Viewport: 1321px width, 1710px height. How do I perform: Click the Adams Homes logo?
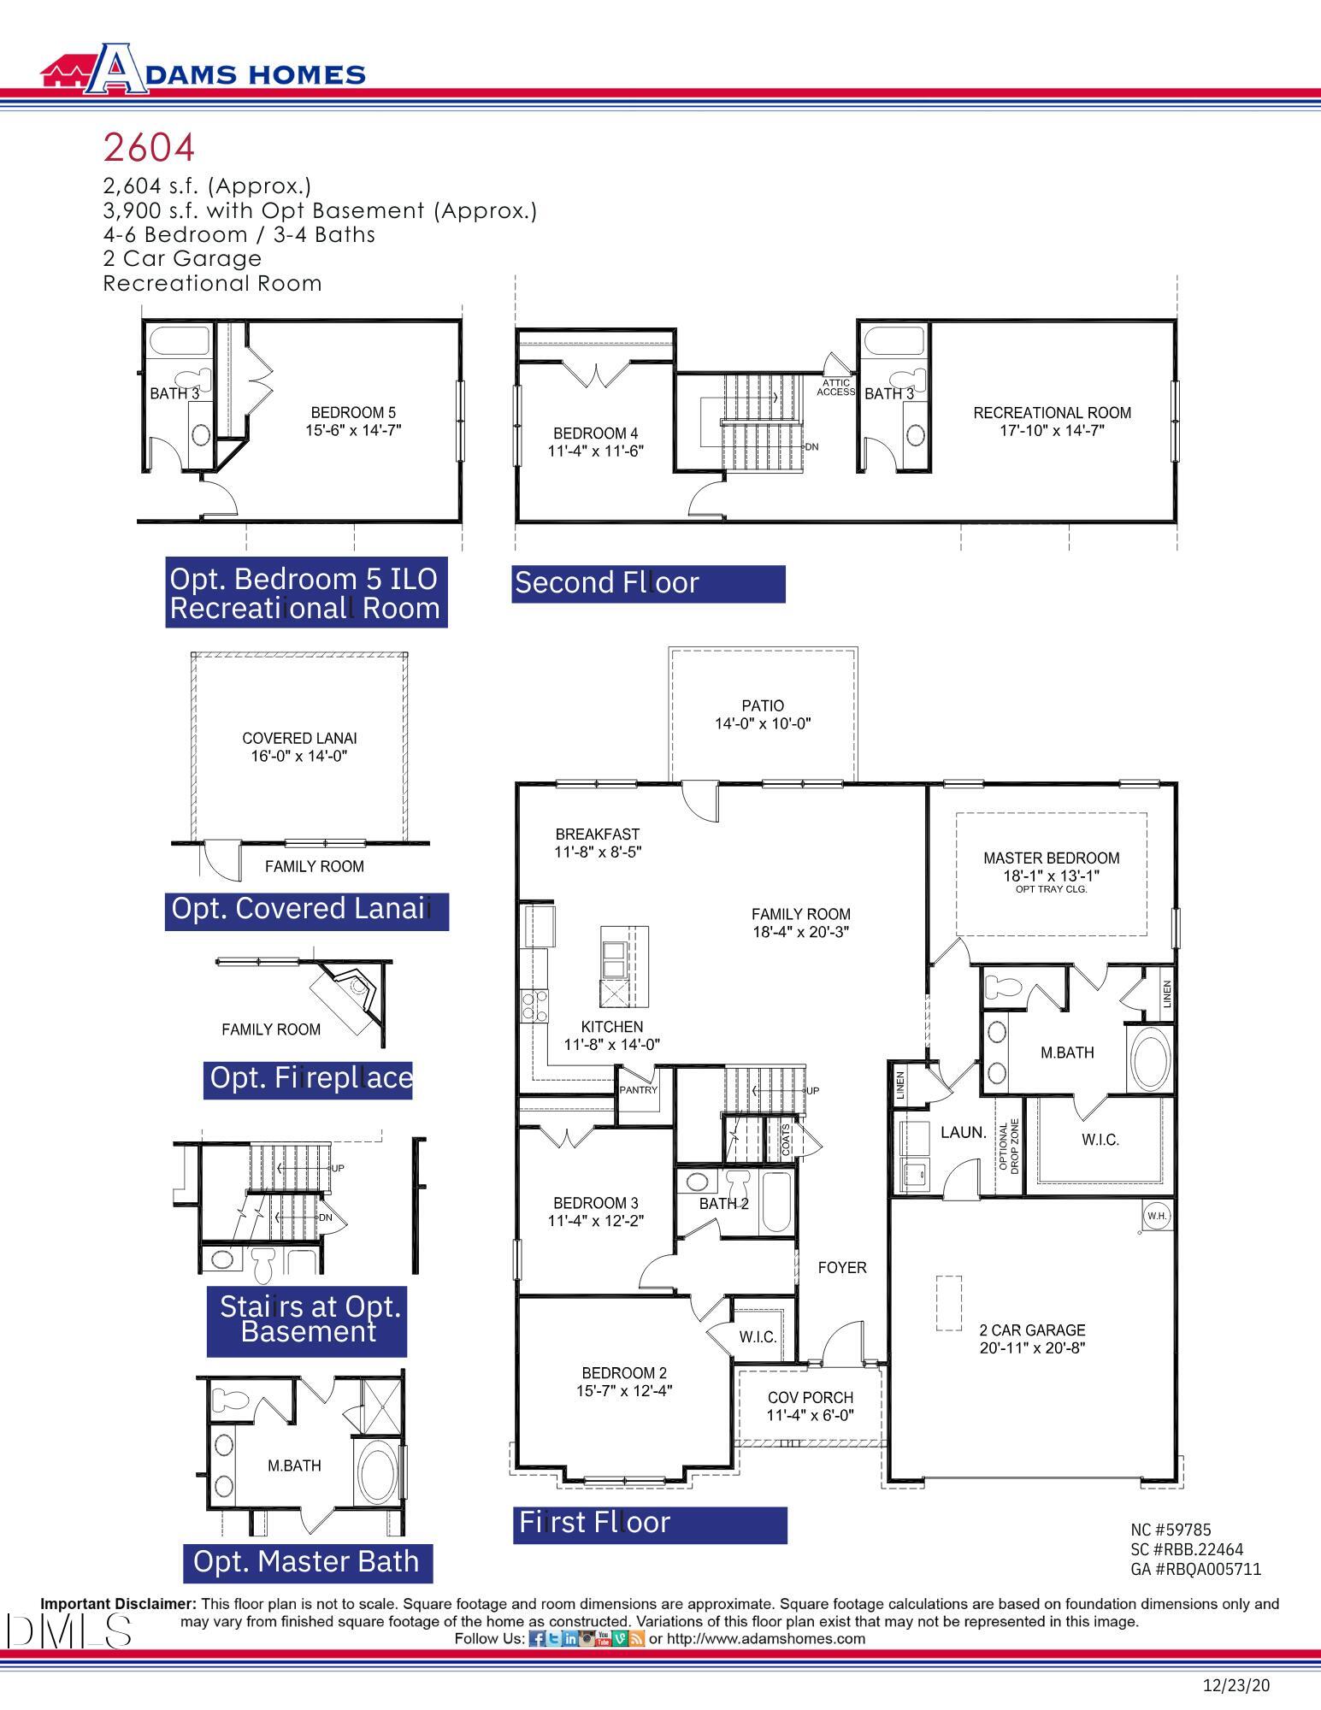(203, 68)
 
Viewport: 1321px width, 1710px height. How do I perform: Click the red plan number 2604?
(149, 147)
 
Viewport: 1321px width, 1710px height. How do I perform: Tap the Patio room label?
(762, 705)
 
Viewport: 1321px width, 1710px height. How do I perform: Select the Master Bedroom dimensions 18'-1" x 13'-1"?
(1051, 876)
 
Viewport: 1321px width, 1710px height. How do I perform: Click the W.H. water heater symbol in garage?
(1156, 1215)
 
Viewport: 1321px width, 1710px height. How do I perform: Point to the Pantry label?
(638, 1090)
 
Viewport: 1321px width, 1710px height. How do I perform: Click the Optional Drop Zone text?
(1009, 1147)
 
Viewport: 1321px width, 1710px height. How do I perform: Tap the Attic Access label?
(835, 387)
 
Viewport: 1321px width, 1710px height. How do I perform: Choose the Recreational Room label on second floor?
(1052, 413)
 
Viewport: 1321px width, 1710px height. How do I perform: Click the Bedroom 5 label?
(352, 412)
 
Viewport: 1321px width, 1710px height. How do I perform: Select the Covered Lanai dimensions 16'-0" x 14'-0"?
(299, 756)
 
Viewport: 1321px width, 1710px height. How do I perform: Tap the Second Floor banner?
(647, 583)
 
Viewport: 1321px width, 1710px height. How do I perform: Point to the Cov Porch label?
(810, 1397)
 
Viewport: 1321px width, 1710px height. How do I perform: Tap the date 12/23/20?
(1235, 1685)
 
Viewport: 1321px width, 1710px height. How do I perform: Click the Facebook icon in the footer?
(536, 1638)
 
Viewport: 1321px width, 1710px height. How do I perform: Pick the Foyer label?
(841, 1267)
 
